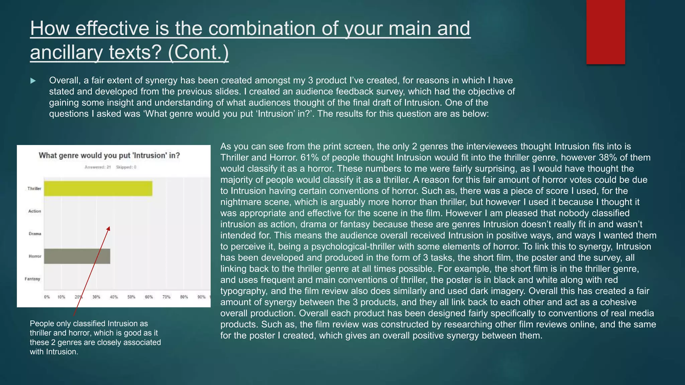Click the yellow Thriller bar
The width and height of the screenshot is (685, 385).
(x=98, y=188)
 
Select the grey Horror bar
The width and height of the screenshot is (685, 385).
(x=77, y=256)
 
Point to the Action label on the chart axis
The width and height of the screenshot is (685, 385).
(x=34, y=211)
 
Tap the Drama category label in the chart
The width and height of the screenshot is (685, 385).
(x=35, y=234)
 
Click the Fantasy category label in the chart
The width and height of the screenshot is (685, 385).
(x=32, y=279)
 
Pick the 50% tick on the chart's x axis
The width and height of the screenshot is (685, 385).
(x=131, y=297)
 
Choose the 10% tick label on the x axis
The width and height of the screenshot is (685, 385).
(x=61, y=297)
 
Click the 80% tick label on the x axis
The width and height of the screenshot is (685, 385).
(x=184, y=297)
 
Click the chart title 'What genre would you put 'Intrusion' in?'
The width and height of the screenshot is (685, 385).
(x=109, y=155)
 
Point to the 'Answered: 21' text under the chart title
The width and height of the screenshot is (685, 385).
(x=98, y=167)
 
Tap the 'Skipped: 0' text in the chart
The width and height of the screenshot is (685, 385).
(x=126, y=167)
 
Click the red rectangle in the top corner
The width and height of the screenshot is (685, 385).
(x=605, y=32)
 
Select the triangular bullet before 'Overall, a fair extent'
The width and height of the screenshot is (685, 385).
(x=33, y=81)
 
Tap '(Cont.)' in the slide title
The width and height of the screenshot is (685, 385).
(x=198, y=52)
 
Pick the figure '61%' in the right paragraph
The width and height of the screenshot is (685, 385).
(x=309, y=157)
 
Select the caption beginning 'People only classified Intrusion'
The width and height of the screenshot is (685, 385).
(x=95, y=338)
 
